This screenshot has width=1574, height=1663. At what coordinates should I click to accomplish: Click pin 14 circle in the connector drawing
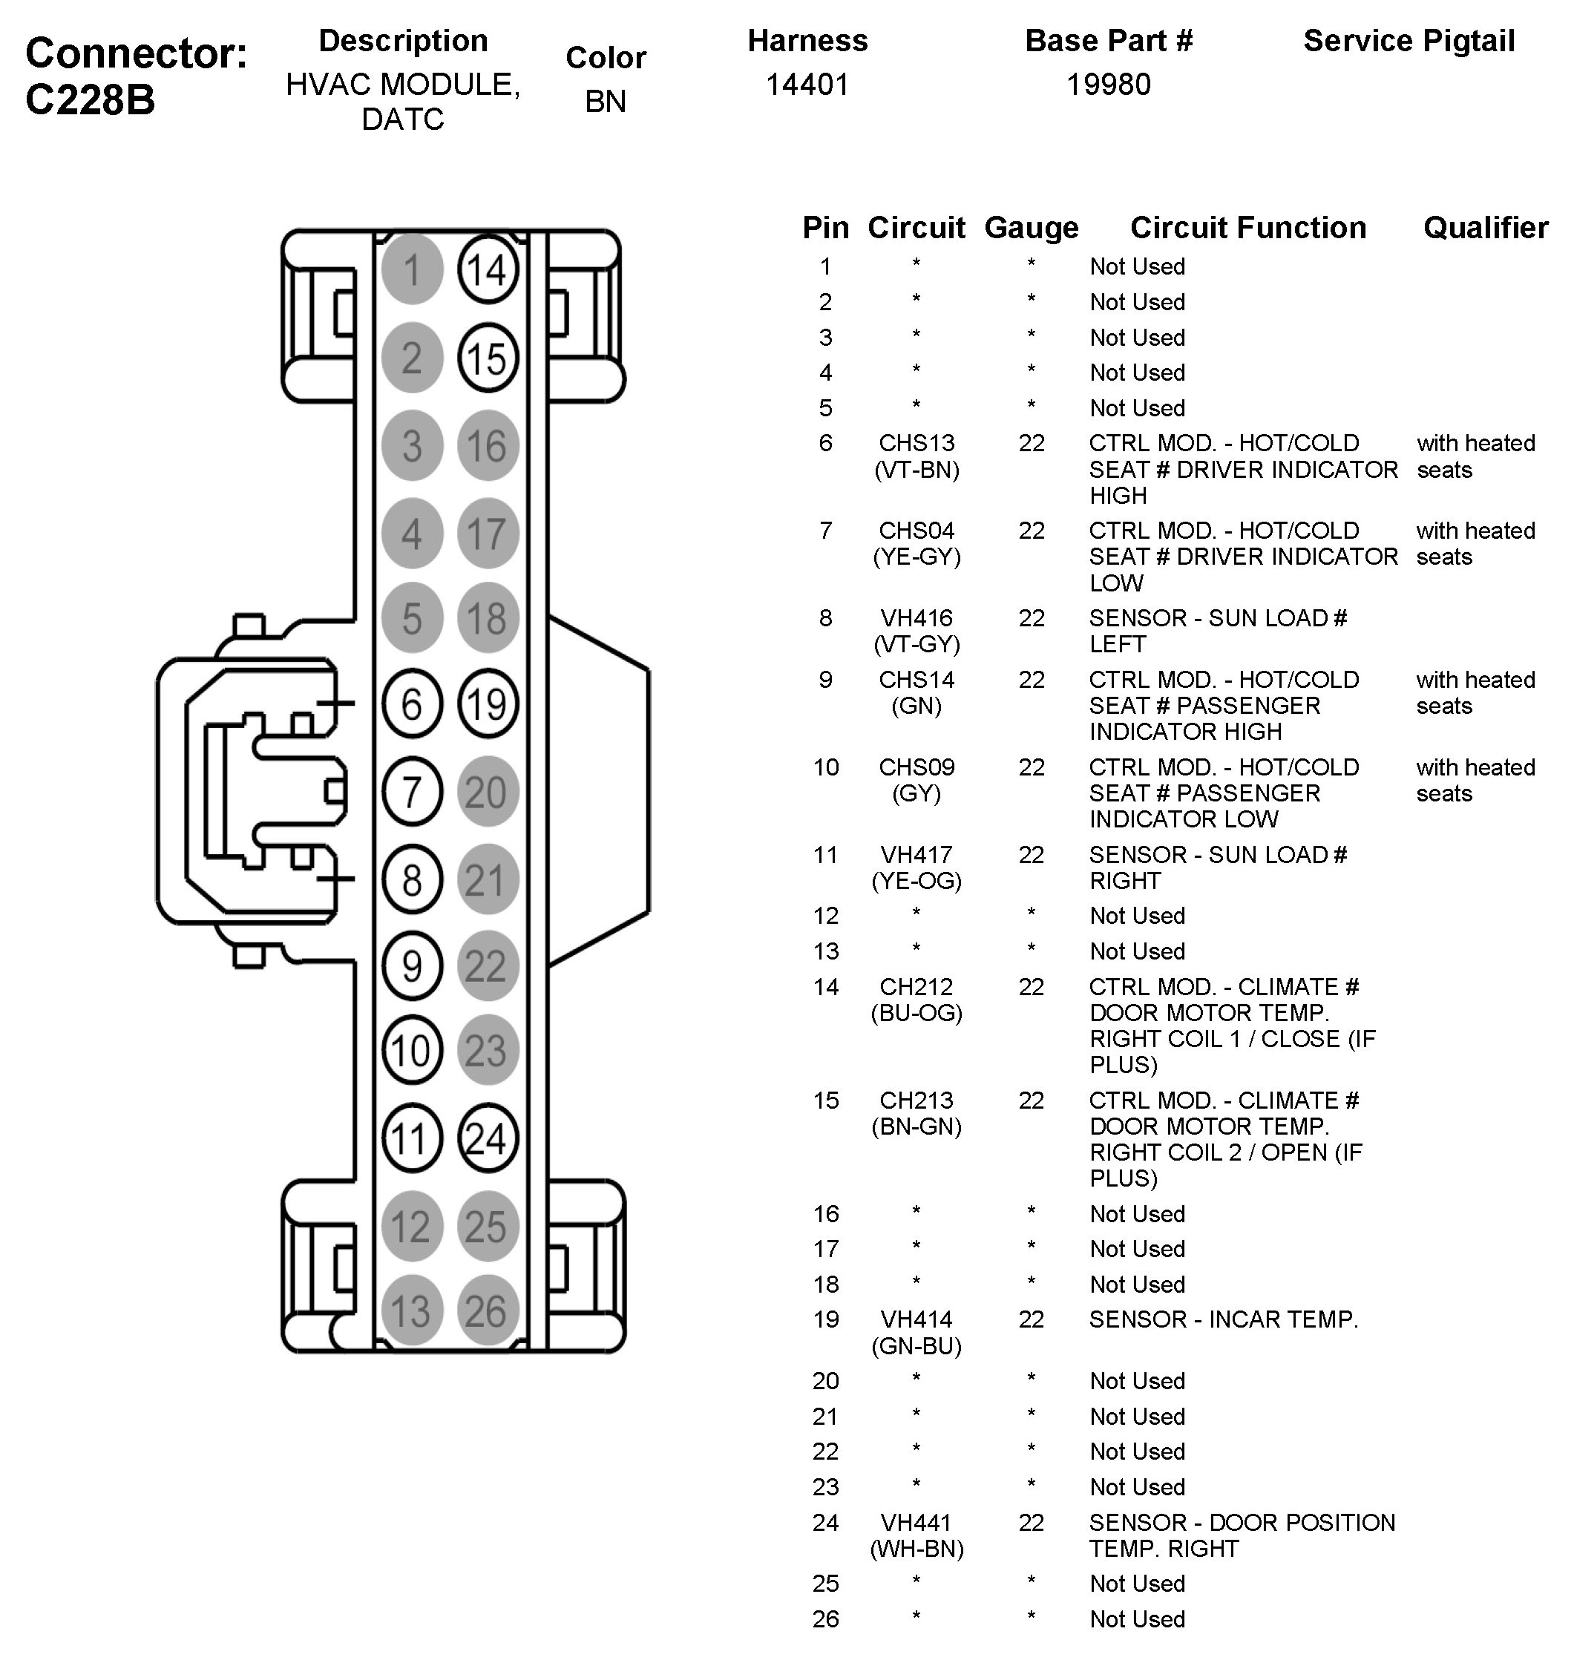[488, 270]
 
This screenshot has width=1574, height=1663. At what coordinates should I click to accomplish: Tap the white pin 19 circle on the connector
[488, 704]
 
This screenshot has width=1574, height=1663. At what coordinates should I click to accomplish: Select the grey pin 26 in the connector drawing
[488, 1311]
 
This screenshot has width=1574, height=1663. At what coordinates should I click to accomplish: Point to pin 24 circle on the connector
[488, 1138]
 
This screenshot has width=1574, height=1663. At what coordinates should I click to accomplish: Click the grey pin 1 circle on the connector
[412, 270]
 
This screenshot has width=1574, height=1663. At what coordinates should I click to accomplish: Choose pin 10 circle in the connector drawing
[412, 1051]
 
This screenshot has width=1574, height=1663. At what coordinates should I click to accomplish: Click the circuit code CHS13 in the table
[916, 443]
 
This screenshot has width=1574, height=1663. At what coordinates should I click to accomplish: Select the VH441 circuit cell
[916, 1522]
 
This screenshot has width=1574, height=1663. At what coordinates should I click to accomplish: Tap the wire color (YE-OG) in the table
[916, 881]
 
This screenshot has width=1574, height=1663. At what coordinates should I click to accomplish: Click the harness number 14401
[807, 85]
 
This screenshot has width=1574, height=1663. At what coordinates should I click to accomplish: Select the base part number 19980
[1109, 85]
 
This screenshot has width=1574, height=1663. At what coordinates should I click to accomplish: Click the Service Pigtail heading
[1409, 41]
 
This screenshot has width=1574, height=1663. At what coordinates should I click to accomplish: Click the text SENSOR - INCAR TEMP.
[1223, 1319]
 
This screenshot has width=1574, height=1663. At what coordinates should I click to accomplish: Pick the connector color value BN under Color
[605, 102]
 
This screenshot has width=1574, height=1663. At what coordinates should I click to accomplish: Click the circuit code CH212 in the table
[916, 987]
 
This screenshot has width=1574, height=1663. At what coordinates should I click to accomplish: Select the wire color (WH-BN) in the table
[916, 1549]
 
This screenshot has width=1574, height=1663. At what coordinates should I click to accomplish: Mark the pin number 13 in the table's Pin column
[826, 951]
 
